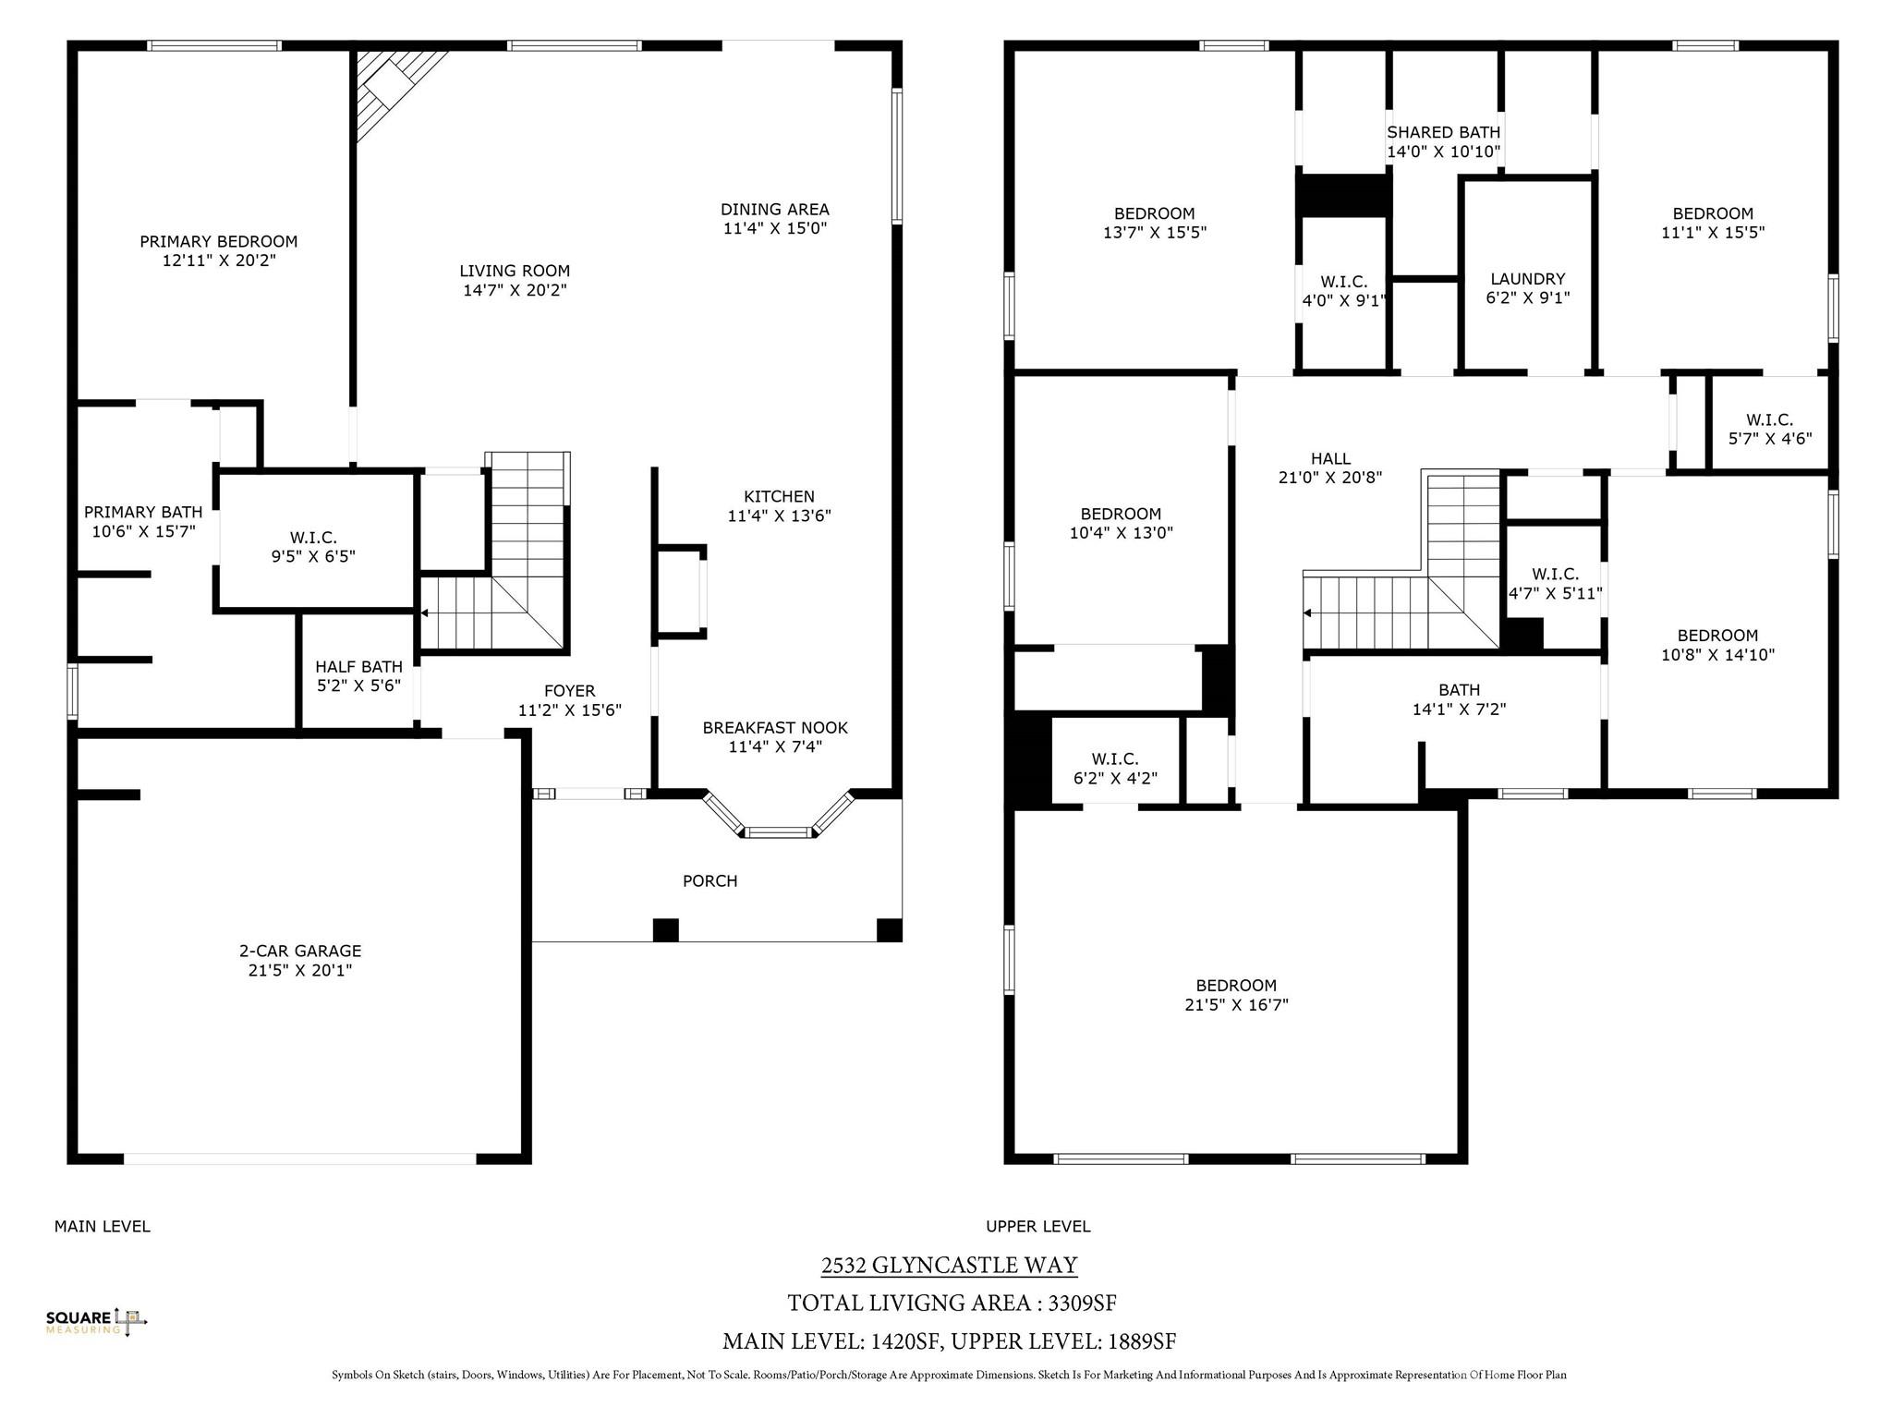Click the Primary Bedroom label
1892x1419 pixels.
pyautogui.click(x=219, y=242)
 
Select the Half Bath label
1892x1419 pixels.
pyautogui.click(x=358, y=667)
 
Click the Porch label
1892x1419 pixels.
pyautogui.click(x=709, y=881)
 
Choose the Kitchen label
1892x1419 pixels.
pyautogui.click(x=779, y=497)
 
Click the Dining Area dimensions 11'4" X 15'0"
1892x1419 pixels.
pyautogui.click(x=774, y=228)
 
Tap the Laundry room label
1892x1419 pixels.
pyautogui.click(x=1528, y=279)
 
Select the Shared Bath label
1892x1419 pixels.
pyautogui.click(x=1444, y=132)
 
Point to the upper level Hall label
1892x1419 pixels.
pyautogui.click(x=1330, y=458)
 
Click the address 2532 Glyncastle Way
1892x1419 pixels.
pyautogui.click(x=950, y=1265)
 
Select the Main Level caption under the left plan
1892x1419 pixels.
pyautogui.click(x=103, y=1227)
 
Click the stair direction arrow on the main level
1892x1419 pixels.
pyautogui.click(x=425, y=612)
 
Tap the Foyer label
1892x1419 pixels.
pyautogui.click(x=570, y=691)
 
